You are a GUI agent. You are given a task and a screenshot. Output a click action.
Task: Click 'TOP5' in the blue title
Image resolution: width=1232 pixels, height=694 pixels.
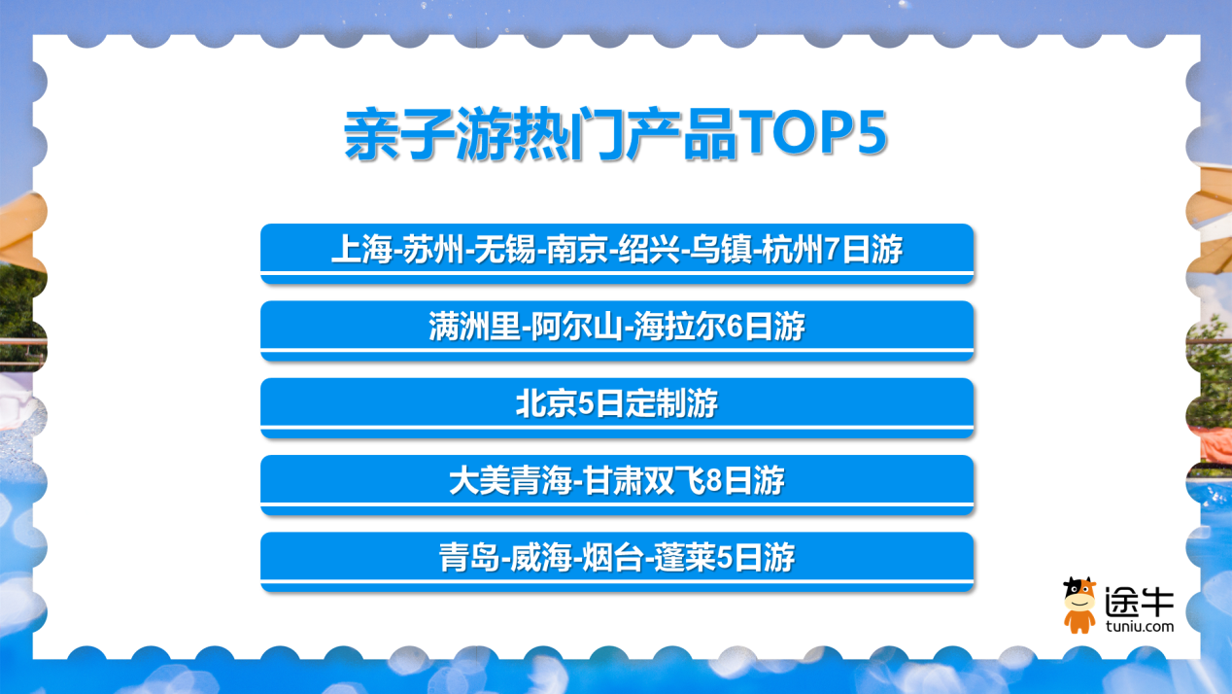812,132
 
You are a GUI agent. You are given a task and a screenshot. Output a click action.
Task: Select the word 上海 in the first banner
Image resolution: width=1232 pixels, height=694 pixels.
361,249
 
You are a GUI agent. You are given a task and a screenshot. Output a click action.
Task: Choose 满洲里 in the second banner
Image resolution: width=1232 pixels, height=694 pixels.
474,327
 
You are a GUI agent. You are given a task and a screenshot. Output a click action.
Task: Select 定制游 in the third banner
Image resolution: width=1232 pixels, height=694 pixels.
672,403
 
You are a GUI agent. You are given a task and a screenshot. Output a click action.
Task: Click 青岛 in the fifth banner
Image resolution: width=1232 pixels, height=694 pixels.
469,558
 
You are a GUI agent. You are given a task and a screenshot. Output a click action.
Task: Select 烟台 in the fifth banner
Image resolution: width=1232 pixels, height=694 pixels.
613,558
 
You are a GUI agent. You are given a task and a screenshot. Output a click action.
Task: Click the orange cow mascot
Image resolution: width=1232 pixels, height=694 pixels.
1079,606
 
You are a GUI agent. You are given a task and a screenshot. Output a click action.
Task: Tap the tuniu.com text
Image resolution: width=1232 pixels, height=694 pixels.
1139,626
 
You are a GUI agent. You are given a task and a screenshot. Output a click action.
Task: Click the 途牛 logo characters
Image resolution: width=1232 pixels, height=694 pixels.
1139,602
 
